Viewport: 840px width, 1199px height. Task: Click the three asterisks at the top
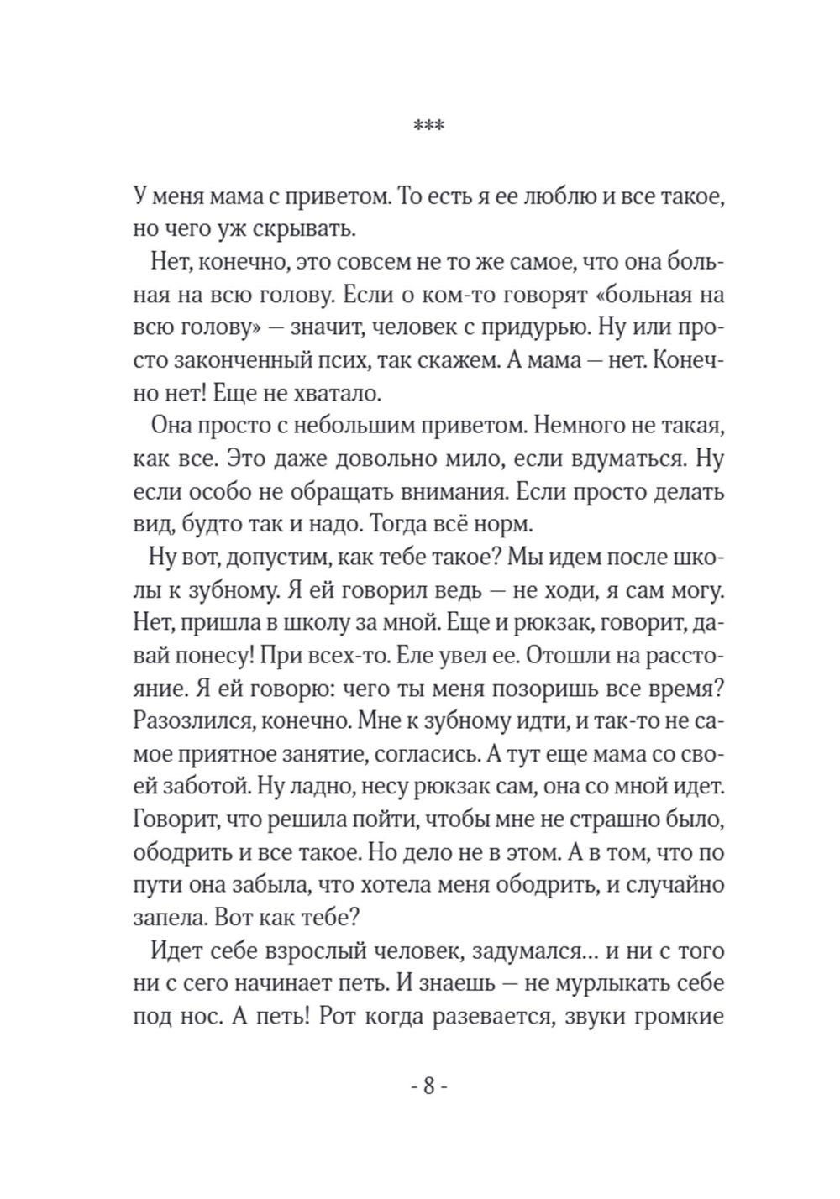tap(429, 126)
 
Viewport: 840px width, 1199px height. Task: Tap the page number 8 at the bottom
tap(428, 1087)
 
